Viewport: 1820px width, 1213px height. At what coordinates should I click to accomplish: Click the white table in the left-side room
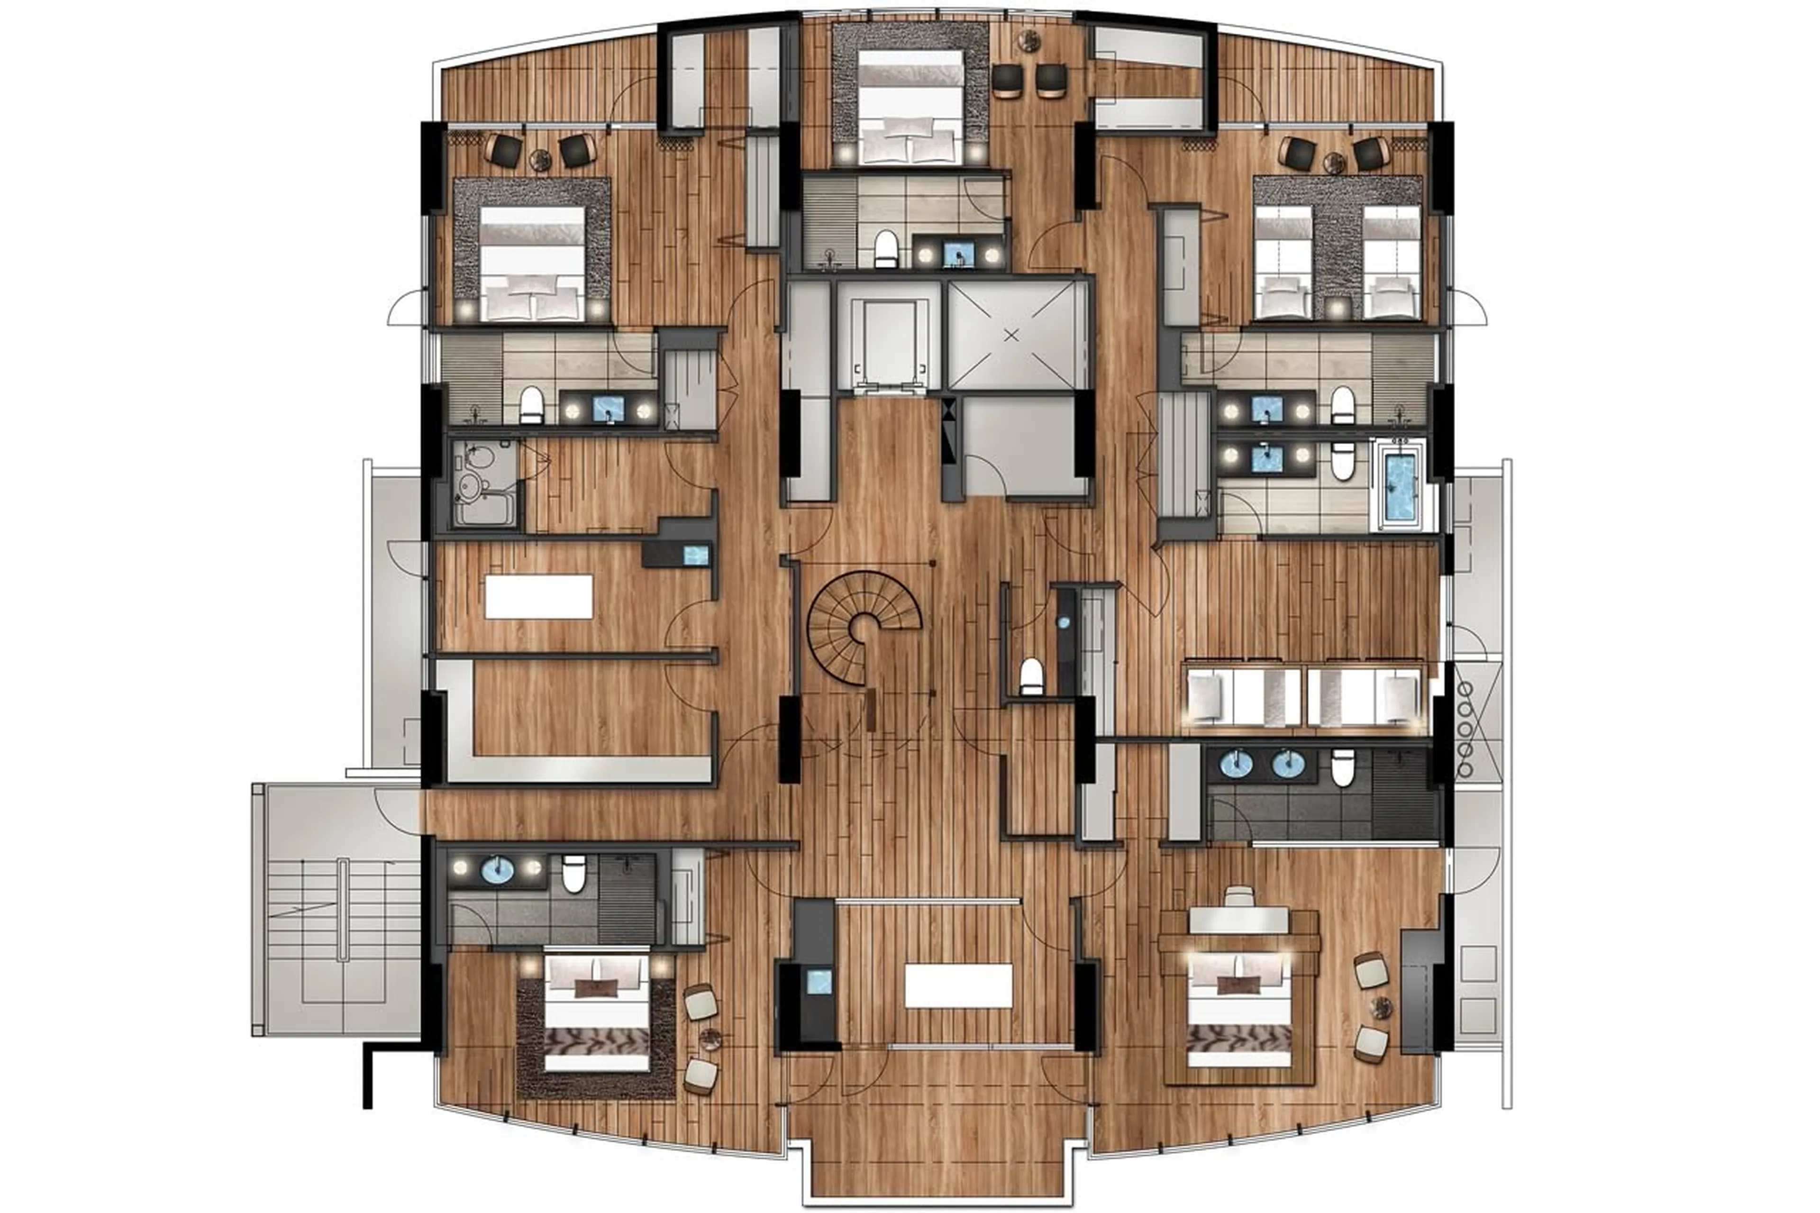click(538, 596)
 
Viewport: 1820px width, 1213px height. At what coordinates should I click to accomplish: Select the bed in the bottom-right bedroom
click(1238, 1013)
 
